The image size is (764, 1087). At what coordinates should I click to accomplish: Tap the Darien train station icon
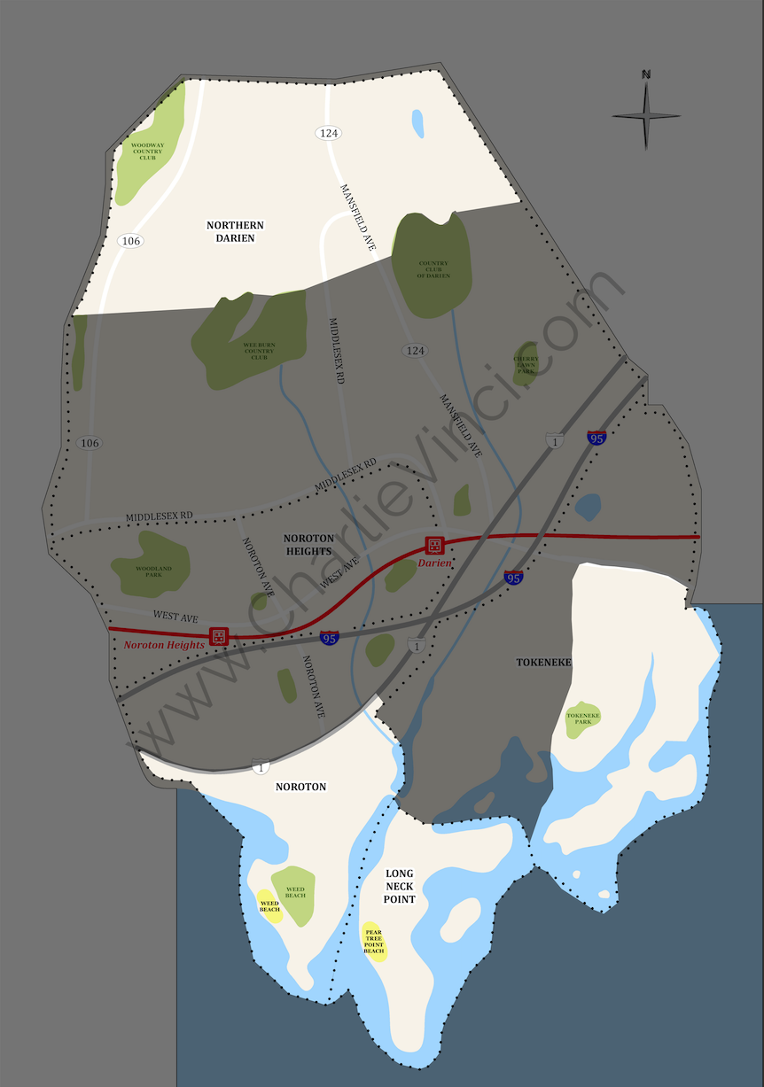(434, 545)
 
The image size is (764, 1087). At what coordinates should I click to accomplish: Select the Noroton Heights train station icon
(218, 636)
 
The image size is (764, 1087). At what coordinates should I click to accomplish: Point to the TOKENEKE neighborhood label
(544, 662)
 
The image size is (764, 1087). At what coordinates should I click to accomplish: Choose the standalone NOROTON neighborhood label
(300, 787)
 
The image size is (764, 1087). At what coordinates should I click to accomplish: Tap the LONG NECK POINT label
(400, 886)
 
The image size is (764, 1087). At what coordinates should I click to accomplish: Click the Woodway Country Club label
(147, 151)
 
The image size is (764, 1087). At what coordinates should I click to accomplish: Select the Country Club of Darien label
(433, 269)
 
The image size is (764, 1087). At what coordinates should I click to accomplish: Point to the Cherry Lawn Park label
(526, 365)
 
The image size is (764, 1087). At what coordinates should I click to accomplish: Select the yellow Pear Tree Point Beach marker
(374, 942)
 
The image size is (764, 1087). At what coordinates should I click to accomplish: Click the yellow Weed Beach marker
(269, 905)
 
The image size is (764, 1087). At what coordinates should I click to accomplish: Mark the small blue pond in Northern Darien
(417, 123)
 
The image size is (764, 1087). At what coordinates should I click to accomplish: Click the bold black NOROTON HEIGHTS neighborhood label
(308, 544)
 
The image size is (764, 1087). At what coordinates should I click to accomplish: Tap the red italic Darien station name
(435, 563)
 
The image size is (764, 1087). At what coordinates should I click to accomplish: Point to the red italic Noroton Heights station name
(164, 645)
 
